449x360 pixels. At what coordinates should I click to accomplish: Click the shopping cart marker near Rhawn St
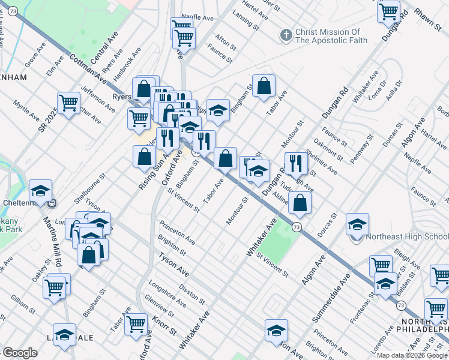coord(389,11)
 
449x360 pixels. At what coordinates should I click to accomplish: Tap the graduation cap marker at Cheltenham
coord(41,190)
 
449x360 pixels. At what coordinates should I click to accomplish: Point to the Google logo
coord(20,353)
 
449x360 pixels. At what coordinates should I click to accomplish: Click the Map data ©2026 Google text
coord(413,355)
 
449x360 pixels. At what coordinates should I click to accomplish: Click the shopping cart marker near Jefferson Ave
coord(69,102)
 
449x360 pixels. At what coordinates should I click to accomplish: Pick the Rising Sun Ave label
coord(151,172)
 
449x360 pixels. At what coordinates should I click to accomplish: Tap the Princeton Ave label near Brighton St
coord(176,233)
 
